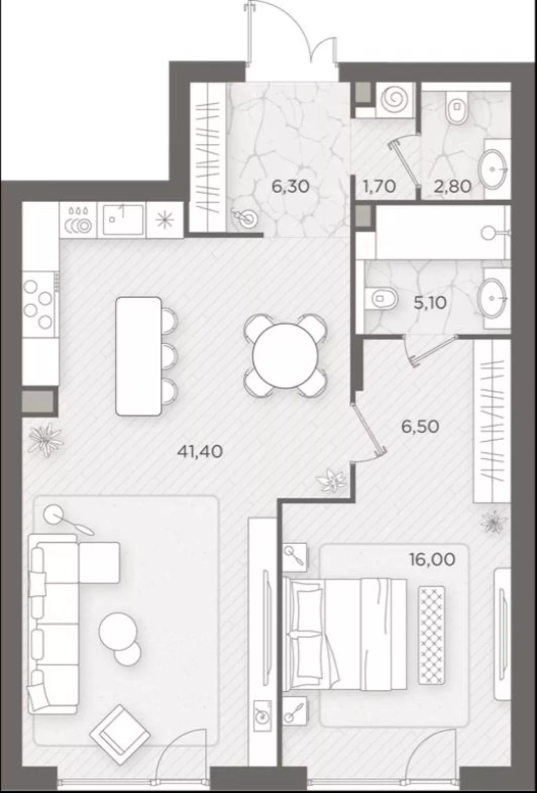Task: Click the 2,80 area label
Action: [x=453, y=186]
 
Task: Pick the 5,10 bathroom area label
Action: [x=430, y=302]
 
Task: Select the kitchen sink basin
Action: [x=123, y=219]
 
